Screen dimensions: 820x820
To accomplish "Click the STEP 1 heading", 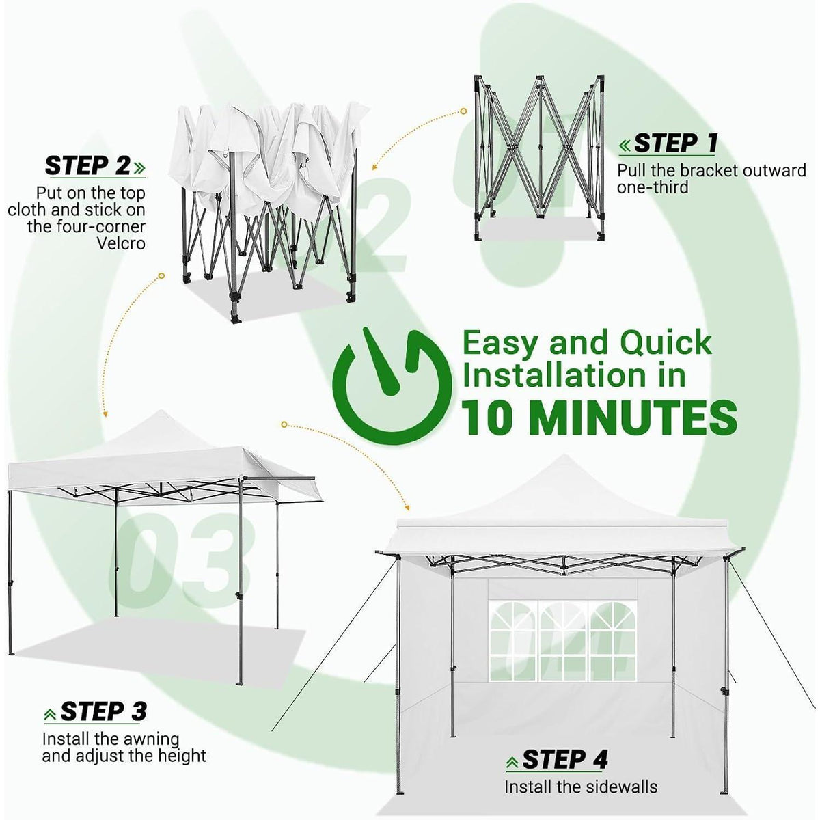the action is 675,143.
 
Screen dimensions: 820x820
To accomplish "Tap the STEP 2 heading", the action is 87,165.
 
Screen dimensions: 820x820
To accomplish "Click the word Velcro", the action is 121,243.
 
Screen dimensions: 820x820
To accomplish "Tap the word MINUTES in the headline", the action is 635,418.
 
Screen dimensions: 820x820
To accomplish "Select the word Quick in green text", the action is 666,343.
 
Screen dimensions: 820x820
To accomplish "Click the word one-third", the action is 653,187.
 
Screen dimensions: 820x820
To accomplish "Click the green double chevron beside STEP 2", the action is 139,167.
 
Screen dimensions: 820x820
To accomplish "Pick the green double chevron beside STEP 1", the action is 625,146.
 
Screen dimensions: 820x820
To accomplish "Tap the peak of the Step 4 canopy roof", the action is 564,456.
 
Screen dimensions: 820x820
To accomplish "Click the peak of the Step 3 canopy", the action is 161,411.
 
